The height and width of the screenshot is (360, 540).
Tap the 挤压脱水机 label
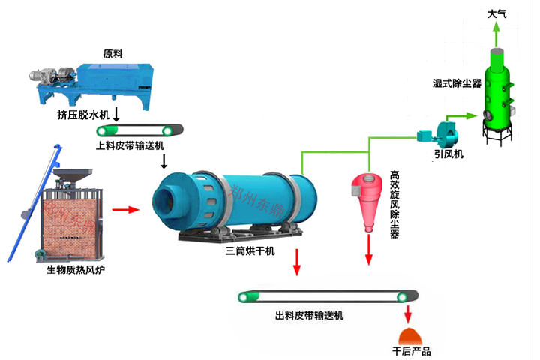click(82, 115)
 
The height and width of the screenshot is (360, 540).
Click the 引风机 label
click(448, 154)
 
